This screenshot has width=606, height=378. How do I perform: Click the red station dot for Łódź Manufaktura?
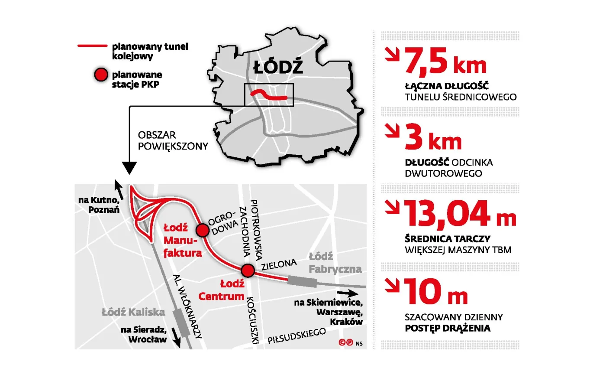202,230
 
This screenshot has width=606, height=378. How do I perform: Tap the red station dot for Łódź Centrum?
248,270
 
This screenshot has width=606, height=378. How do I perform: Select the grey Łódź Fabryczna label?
335,263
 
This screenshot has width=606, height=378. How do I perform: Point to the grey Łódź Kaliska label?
133,312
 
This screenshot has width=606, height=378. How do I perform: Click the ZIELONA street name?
279,264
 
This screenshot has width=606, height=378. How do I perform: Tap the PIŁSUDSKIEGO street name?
297,336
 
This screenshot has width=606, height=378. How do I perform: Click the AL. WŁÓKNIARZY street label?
187,306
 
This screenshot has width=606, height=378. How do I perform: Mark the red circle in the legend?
101,75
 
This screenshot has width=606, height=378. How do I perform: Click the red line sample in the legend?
92,46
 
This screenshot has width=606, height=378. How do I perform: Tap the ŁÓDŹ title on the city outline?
278,68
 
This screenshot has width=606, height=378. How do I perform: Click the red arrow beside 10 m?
393,285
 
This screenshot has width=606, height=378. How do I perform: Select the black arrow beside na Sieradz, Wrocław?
176,337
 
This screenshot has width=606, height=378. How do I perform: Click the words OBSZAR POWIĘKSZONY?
173,141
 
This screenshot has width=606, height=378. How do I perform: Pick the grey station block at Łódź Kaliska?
181,323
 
